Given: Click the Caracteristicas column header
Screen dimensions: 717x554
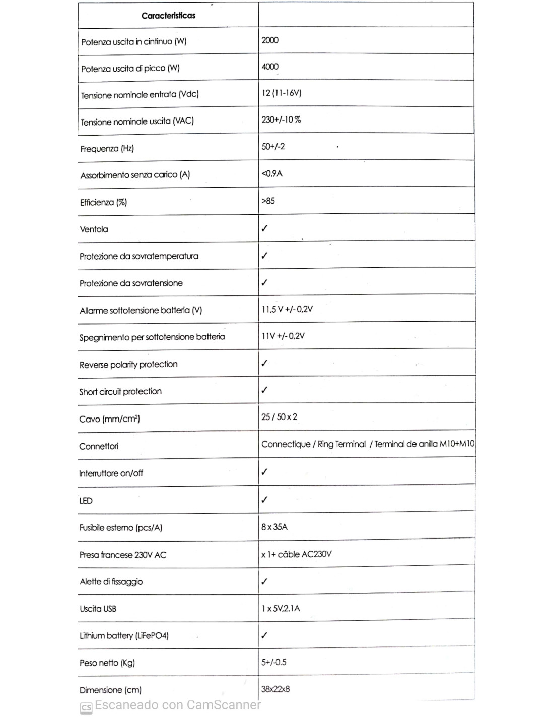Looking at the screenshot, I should (x=168, y=16).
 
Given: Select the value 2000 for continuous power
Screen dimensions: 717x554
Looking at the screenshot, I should (x=270, y=40).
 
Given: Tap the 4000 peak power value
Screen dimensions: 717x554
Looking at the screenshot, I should (x=270, y=67).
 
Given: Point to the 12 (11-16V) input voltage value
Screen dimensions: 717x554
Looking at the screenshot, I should (x=281, y=93).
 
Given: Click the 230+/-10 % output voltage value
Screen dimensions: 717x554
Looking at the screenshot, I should (x=281, y=119).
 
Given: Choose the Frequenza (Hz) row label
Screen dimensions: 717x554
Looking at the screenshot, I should (x=107, y=149).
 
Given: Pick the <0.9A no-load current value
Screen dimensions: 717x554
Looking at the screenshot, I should (x=272, y=174).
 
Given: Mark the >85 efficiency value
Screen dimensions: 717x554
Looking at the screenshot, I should (x=268, y=201).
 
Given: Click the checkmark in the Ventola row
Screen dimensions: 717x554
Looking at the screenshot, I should (x=264, y=228).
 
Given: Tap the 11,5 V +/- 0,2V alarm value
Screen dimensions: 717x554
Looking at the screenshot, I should (x=287, y=309).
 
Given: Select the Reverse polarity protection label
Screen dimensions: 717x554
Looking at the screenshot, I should (x=128, y=364).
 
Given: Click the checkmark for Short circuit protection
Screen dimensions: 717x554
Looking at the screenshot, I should (x=264, y=390).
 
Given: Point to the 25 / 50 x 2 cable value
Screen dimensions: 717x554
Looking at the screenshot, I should (x=279, y=417).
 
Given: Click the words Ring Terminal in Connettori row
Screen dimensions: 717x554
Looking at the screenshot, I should (x=341, y=444).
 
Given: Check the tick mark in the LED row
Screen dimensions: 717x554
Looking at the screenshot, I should (x=264, y=499).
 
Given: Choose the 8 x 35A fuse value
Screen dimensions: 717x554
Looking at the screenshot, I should (x=274, y=527).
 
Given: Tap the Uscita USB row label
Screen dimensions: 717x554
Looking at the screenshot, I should (x=98, y=609).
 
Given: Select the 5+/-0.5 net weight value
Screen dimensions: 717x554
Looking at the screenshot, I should (x=274, y=662).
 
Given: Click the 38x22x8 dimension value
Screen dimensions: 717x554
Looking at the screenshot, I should (x=275, y=689).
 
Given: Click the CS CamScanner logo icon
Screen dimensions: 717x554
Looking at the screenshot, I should (x=86, y=708).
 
